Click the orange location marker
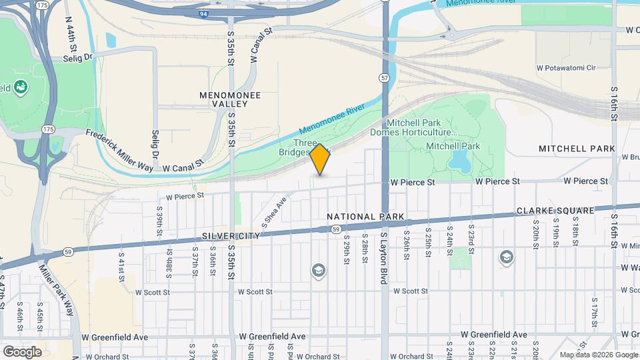321,159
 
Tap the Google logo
22,351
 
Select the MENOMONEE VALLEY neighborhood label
230,99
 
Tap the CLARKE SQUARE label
555,211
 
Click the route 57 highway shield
385,78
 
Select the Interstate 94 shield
203,13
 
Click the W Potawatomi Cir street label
565,67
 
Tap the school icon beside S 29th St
318,270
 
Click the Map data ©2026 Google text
598,355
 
